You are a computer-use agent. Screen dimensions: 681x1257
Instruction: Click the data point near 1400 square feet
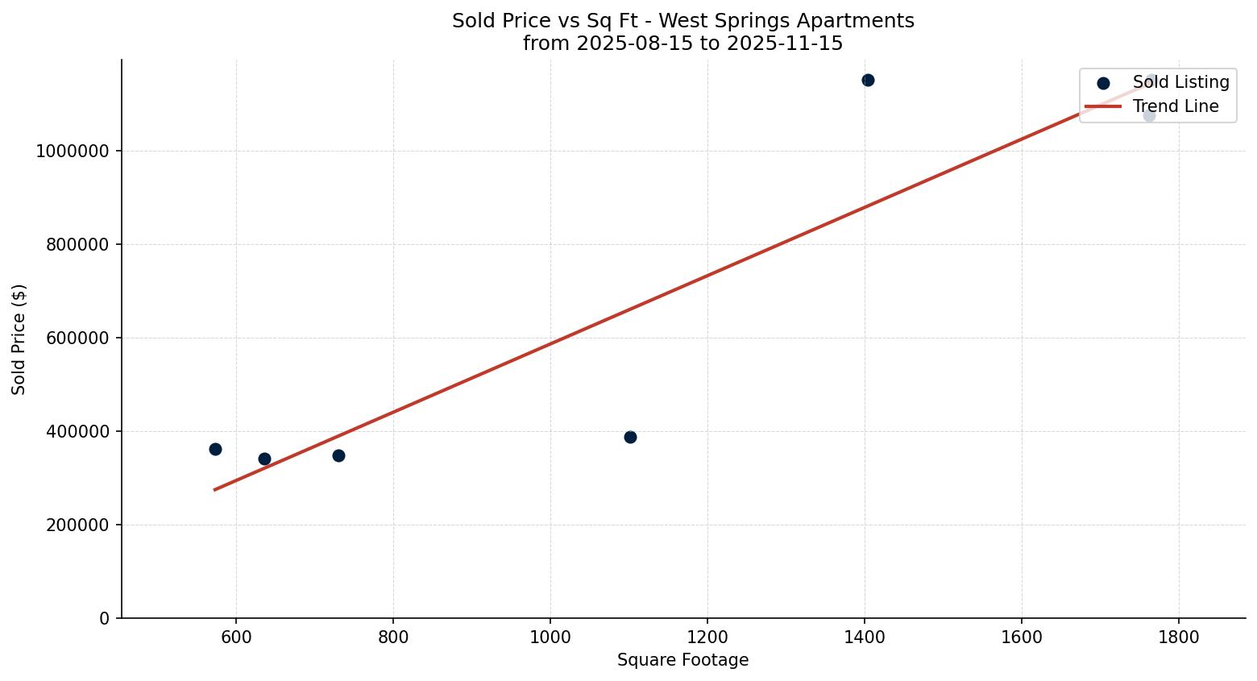[868, 80]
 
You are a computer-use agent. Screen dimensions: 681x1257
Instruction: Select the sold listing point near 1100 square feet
[630, 437]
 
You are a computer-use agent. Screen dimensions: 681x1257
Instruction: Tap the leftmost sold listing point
[215, 449]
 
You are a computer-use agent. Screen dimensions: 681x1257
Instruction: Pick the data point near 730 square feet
[338, 455]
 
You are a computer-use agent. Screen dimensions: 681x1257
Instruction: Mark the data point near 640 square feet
[264, 459]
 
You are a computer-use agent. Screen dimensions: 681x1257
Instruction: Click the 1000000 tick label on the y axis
[73, 152]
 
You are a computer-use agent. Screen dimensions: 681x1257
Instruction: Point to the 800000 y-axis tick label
[77, 245]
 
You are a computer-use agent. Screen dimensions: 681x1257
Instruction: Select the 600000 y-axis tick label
[77, 338]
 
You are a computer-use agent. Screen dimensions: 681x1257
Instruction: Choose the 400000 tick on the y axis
[77, 432]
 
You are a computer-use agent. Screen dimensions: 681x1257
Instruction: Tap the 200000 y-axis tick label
[77, 525]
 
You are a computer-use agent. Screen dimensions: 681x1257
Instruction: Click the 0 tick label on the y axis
[105, 619]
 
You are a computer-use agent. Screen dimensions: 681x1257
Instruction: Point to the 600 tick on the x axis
[236, 637]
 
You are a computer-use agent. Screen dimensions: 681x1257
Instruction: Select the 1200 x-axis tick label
[707, 637]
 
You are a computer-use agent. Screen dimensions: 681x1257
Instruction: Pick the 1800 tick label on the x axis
[1179, 637]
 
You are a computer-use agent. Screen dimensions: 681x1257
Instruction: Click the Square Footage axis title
[682, 661]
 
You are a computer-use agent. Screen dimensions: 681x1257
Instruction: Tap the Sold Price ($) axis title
[19, 339]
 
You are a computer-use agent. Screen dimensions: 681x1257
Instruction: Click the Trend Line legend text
[1176, 106]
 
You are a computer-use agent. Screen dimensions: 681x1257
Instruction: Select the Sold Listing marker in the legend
[1103, 83]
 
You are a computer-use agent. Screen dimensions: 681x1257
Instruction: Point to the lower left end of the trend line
[215, 489]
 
